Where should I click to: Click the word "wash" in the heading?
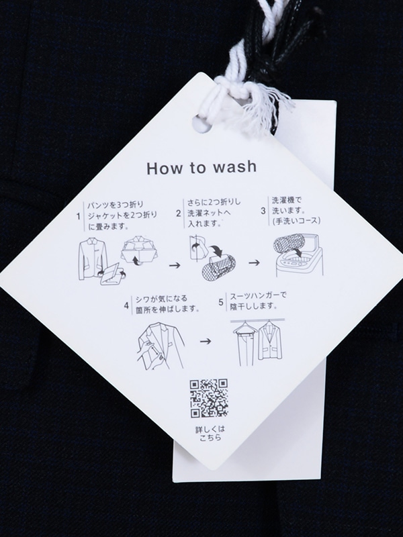coord(234,167)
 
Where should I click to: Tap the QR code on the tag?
coord(209,398)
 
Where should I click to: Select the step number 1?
coord(79,216)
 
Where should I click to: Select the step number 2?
coord(178,213)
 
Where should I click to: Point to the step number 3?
coord(263,211)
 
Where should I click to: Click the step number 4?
coord(126,305)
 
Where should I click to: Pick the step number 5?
coord(221,302)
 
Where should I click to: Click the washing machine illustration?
coord(298,255)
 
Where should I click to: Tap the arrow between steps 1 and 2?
coord(175,265)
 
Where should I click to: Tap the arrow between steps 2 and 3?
coord(254,262)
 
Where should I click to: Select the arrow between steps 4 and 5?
coord(206,341)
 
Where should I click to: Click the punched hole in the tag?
coord(202,124)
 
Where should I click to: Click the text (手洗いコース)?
coord(296,222)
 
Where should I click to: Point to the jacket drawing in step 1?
coord(90,258)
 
